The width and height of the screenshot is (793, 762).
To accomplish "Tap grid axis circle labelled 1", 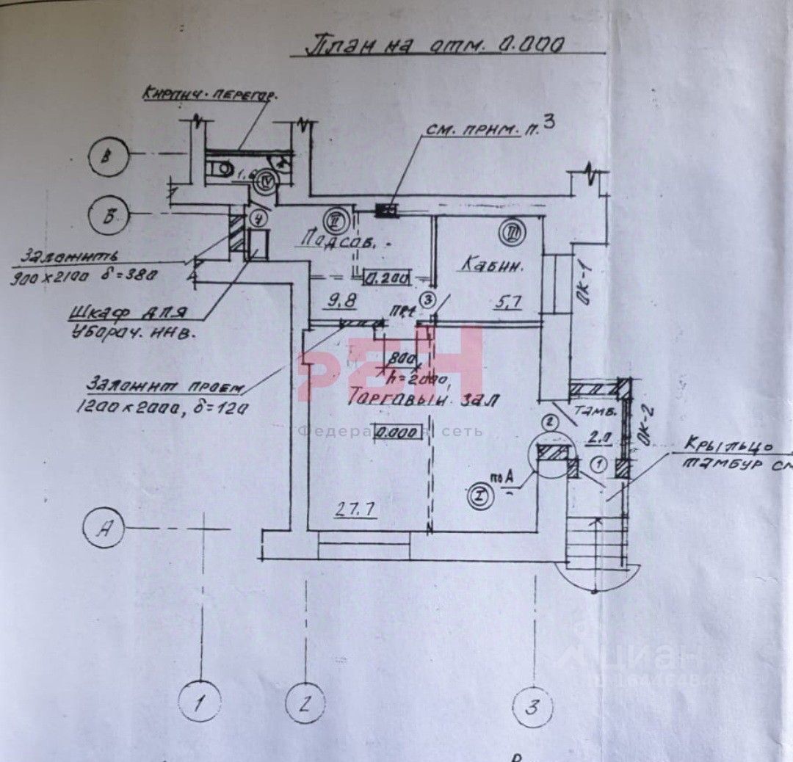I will pos(199,703).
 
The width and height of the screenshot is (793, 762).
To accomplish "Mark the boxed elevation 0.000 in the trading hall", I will pos(399,432).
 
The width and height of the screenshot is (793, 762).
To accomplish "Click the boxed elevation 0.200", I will pos(388,277).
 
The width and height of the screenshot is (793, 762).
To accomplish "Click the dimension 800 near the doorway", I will pos(401,360).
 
